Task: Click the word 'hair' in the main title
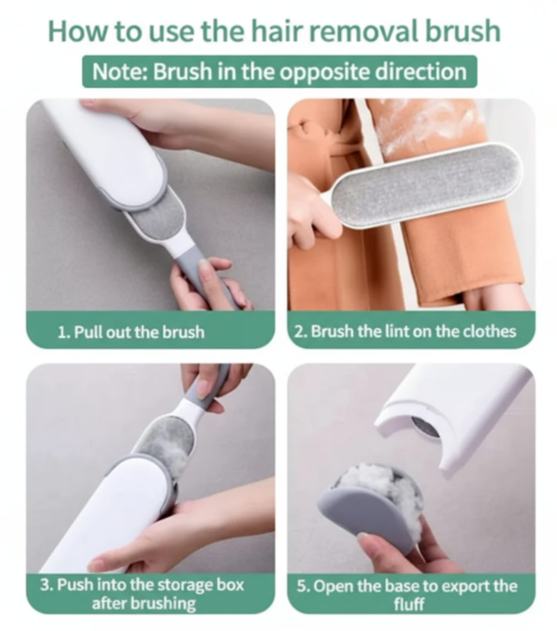[281, 31]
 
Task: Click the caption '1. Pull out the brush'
[131, 332]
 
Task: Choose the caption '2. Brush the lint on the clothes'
[405, 332]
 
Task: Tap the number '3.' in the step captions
[46, 585]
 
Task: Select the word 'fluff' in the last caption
[409, 604]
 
